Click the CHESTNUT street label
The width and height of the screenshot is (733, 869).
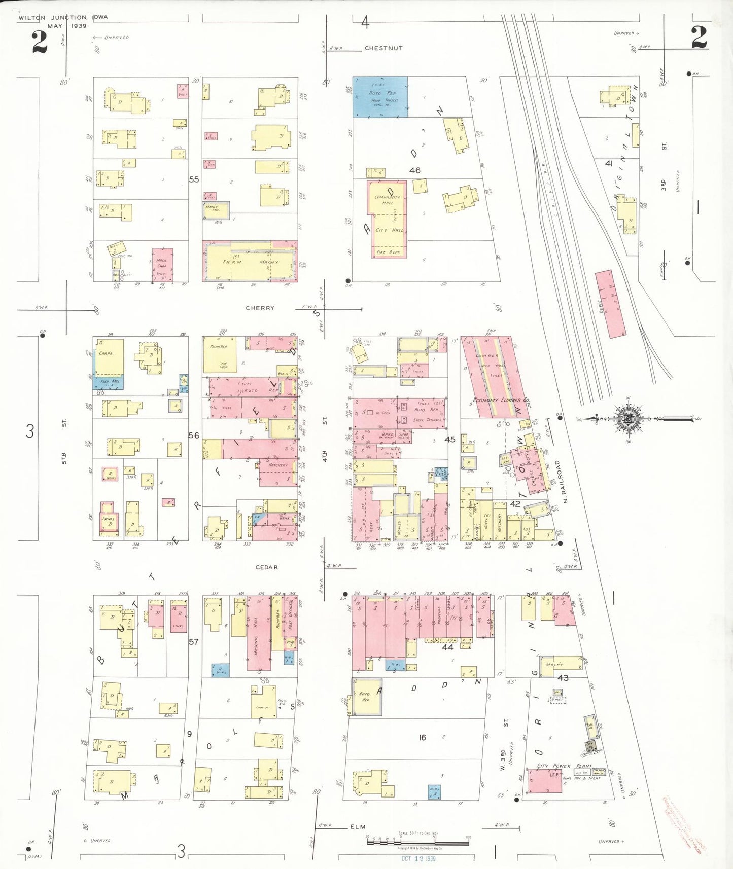tap(383, 48)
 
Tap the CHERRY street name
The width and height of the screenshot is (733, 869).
tap(260, 308)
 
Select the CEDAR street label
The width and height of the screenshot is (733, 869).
tap(266, 567)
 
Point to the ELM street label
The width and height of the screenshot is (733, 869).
tap(358, 827)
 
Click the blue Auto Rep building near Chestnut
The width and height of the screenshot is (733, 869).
tap(380, 97)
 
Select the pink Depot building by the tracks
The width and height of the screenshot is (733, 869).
tap(610, 304)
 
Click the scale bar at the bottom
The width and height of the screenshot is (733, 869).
tap(417, 842)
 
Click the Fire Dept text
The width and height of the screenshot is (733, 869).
tap(388, 252)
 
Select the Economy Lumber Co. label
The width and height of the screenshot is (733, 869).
tap(501, 400)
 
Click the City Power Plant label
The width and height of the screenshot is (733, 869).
tap(565, 766)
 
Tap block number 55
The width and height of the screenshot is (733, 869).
tap(194, 179)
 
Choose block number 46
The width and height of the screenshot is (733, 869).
tap(415, 170)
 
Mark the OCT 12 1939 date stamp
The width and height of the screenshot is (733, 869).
tap(418, 859)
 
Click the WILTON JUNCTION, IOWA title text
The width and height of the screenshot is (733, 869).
tap(63, 17)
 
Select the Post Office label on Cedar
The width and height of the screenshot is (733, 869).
tap(290, 615)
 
